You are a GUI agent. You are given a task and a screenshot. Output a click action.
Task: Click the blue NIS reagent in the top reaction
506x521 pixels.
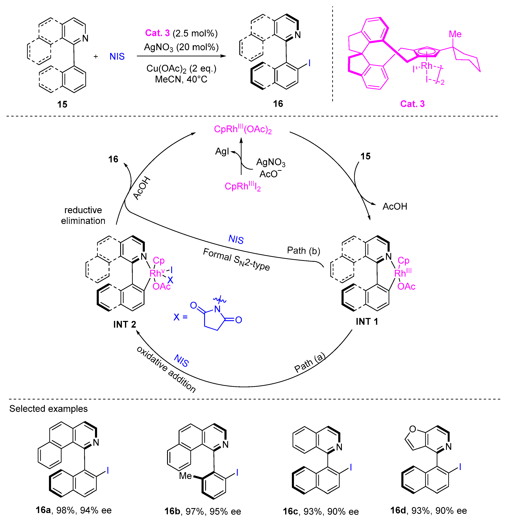pyautogui.click(x=117, y=56)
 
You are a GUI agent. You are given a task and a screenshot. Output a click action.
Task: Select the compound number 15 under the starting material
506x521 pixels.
pyautogui.click(x=62, y=104)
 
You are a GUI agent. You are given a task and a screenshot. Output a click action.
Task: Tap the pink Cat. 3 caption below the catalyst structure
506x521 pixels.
pyautogui.click(x=412, y=104)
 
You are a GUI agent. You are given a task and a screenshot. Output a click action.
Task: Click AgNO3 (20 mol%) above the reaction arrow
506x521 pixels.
pyautogui.click(x=181, y=47)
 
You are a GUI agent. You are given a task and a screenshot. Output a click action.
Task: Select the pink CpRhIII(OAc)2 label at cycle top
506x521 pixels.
pyautogui.click(x=243, y=129)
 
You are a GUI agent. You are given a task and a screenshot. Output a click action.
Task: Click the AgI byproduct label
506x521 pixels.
pyautogui.click(x=222, y=151)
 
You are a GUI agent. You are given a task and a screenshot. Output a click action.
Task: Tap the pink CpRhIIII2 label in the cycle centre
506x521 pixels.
pyautogui.click(x=243, y=186)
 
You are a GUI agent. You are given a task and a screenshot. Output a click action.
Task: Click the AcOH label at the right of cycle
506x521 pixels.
pyautogui.click(x=395, y=206)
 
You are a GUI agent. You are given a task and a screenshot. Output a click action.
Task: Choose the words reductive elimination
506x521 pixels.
pyautogui.click(x=83, y=215)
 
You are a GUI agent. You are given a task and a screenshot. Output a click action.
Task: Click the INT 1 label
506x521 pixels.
pyautogui.click(x=367, y=321)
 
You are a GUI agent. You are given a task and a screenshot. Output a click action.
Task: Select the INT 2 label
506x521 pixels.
pyautogui.click(x=124, y=324)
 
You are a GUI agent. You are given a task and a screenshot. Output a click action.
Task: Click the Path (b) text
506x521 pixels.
pyautogui.click(x=303, y=251)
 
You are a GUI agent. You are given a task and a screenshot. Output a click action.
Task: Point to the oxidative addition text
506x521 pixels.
pyautogui.click(x=166, y=370)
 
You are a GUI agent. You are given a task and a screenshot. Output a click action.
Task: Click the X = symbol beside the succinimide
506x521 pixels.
pyautogui.click(x=181, y=317)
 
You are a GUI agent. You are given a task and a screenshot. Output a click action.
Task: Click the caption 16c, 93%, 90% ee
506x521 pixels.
pyautogui.click(x=321, y=511)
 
